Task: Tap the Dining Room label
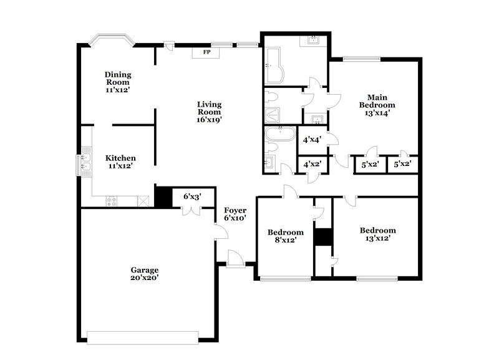point(117,82)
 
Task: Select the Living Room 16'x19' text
point(210,112)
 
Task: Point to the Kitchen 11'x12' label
point(120,162)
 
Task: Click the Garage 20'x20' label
point(144,274)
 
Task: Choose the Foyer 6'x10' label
point(235,214)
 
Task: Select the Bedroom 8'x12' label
point(286,236)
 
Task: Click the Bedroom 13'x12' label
point(377,234)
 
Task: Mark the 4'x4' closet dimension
point(311,140)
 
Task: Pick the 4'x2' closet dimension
point(311,165)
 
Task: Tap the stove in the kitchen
point(112,201)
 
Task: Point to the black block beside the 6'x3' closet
point(163,197)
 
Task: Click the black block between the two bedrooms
point(322,238)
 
